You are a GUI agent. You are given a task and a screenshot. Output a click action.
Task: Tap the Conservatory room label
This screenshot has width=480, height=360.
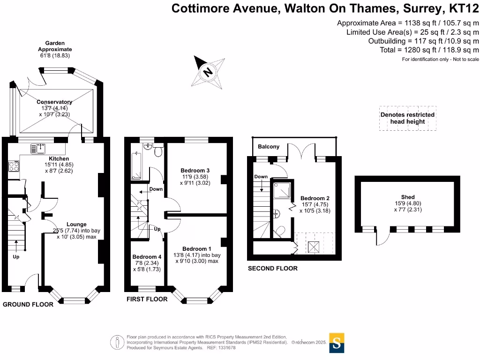tap(55, 102)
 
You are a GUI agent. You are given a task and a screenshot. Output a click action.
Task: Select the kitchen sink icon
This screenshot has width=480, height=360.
tap(37, 149)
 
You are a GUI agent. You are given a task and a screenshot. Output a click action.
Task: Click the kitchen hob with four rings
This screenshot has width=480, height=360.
tap(13, 167)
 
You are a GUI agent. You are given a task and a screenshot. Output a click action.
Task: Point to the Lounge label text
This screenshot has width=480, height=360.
tap(76, 224)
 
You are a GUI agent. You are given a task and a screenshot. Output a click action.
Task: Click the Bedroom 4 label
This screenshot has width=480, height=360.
tap(147, 257)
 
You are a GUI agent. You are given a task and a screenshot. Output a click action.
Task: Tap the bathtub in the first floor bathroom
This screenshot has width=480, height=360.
tap(136, 166)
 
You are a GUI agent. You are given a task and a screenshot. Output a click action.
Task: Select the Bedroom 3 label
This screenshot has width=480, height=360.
tap(195, 170)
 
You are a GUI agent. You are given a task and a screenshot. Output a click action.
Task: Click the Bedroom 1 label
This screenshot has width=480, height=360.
tap(197, 248)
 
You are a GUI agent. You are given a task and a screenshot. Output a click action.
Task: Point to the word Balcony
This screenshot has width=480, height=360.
tap(269, 147)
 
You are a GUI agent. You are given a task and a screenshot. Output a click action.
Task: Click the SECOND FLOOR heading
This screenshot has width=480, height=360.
tap(272, 269)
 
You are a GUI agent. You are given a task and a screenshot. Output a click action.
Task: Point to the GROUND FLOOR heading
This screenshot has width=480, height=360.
tap(28, 304)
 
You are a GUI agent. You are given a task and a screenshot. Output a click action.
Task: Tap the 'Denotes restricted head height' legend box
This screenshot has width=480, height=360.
tap(407, 118)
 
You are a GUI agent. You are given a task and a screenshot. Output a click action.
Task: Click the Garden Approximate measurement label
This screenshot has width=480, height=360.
tap(55, 49)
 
